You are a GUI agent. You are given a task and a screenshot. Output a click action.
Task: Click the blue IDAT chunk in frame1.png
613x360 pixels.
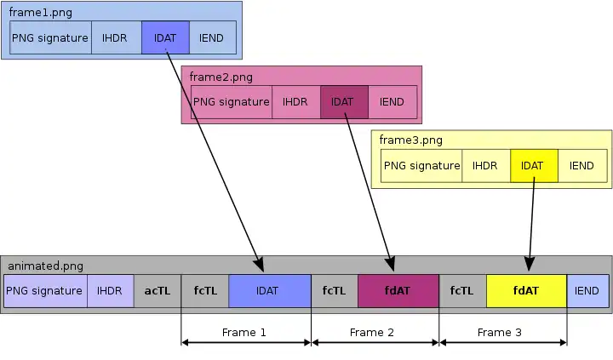pos(165,38)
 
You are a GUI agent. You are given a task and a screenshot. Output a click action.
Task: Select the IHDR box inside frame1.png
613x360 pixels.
pos(117,38)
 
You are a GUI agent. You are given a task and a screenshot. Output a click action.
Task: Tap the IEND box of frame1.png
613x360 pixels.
pos(213,38)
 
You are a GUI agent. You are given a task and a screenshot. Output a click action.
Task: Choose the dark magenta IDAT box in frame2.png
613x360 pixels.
pos(343,102)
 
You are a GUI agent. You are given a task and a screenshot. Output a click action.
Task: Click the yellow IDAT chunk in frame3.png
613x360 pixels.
pos(533,166)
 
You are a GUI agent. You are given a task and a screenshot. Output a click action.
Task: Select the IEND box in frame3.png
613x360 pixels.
pos(581,166)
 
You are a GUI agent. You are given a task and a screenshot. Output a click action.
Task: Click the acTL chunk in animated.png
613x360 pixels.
pos(158,290)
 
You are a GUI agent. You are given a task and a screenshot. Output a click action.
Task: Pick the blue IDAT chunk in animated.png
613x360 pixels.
pos(268,290)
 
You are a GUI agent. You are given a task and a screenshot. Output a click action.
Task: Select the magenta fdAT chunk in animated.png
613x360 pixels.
pos(397,290)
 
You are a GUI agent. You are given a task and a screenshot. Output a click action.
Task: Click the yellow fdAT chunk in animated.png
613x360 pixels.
pos(526,290)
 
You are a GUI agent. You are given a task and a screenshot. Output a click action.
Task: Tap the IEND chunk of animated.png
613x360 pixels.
pos(587,290)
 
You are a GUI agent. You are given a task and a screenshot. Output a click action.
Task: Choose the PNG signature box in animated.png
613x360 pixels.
pos(44,290)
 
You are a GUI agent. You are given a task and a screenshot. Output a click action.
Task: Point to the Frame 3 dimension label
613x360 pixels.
pos(500,332)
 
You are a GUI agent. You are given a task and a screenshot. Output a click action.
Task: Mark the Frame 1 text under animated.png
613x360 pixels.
pos(244,332)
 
